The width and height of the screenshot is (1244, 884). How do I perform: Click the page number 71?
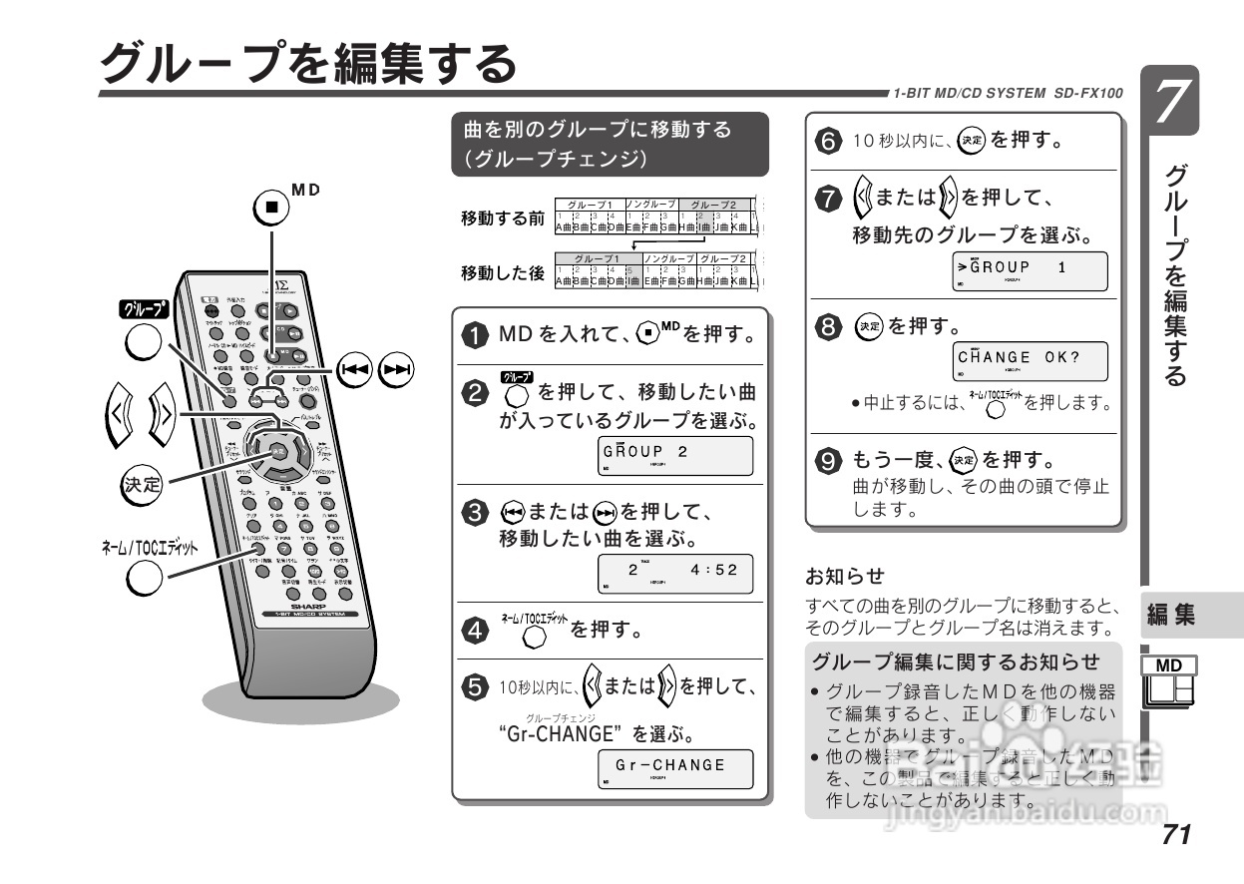tap(1176, 833)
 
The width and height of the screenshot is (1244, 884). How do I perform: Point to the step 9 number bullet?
tap(828, 461)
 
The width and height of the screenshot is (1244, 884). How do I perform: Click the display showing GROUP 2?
tap(675, 456)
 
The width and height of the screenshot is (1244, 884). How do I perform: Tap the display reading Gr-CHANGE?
tap(675, 768)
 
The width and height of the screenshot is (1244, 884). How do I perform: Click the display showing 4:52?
tap(675, 573)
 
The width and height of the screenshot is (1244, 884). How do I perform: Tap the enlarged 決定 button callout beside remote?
tap(140, 486)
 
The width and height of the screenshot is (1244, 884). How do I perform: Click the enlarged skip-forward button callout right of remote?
tap(397, 370)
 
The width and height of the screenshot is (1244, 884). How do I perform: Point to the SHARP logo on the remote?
tap(309, 605)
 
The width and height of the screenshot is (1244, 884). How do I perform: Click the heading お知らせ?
tap(831, 577)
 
